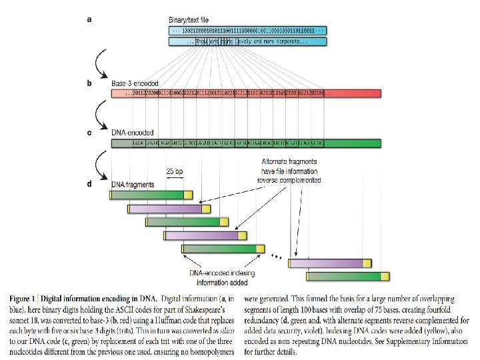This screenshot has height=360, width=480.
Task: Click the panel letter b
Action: pyautogui.click(x=90, y=83)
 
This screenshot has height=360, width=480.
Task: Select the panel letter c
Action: pyautogui.click(x=90, y=133)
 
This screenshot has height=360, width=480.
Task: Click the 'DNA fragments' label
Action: pyautogui.click(x=133, y=184)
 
